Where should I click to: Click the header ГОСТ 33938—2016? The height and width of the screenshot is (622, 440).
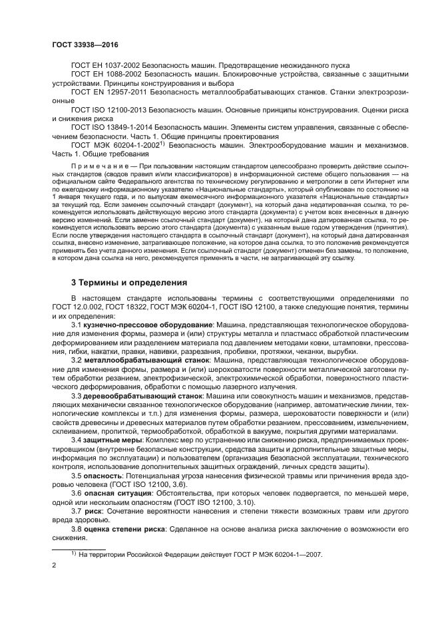[x=80, y=43]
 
